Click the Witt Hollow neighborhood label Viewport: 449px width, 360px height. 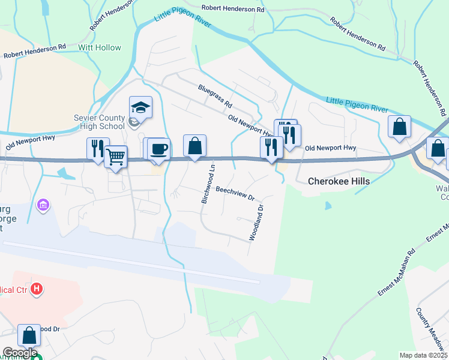pos(99,47)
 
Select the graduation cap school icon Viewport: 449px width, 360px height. pos(140,107)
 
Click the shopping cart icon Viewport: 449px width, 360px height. pos(116,157)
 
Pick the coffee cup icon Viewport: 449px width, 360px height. pos(158,149)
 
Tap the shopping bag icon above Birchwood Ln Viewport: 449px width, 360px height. pos(194,146)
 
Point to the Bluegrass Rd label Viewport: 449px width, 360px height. pos(215,96)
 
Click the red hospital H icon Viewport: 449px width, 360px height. pos(37,289)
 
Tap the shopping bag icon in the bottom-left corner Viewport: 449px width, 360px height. pos(29,335)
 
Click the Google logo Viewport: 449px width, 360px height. pos(19,353)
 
